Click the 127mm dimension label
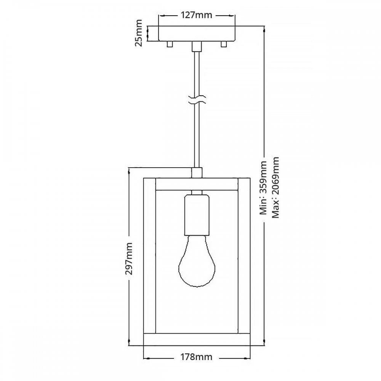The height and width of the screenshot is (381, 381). (x=196, y=15)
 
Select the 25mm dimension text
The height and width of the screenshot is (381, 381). (x=139, y=33)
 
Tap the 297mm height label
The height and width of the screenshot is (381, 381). (x=129, y=259)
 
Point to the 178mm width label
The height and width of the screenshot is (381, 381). (x=196, y=357)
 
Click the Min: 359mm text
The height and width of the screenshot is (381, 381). (x=263, y=187)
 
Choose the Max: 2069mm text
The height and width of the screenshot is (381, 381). (x=275, y=187)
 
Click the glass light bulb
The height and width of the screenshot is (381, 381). (x=197, y=261)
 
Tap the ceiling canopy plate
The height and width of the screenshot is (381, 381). (x=197, y=34)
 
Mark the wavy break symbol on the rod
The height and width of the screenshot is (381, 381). (x=197, y=100)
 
